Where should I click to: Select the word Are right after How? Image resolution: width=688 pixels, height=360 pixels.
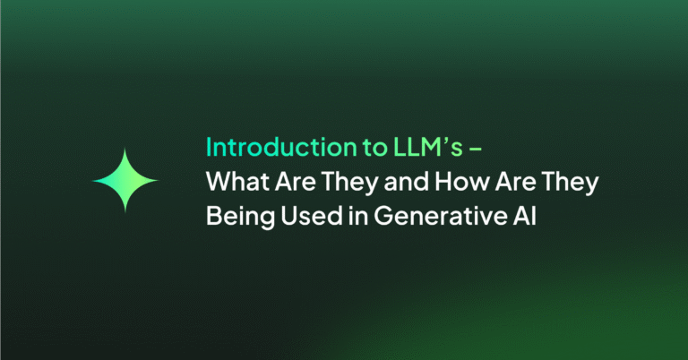tap(487, 181)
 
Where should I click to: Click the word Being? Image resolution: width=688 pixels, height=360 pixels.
tap(236, 217)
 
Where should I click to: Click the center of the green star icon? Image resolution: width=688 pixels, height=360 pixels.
tap(125, 181)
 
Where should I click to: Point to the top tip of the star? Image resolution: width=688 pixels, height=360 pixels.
tap(125, 147)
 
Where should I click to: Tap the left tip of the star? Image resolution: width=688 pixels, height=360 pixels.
tap(92, 181)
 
